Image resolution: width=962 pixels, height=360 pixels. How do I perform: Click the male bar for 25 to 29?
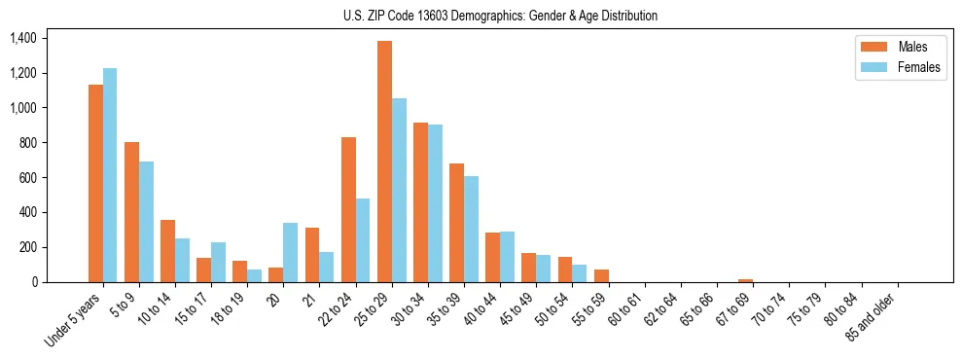point(384,162)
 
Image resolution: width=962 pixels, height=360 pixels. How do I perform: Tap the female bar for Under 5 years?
point(110,175)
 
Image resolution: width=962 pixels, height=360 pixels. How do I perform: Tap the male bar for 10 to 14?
point(167,251)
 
